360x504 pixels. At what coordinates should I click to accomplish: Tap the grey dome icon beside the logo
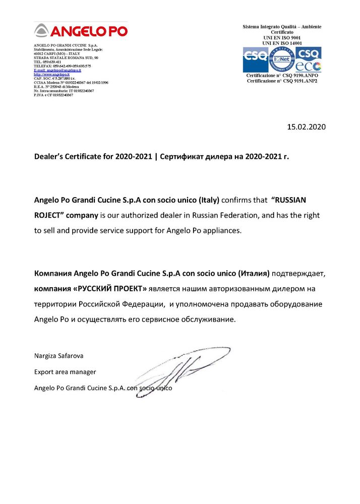[41, 31]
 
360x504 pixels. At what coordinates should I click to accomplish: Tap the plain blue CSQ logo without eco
[256, 59]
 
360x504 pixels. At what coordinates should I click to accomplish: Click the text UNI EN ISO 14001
[282, 43]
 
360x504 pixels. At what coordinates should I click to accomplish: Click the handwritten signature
[182, 370]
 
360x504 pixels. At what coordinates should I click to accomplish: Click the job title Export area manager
[65, 372]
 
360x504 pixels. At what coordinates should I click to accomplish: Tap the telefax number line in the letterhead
[62, 66]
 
